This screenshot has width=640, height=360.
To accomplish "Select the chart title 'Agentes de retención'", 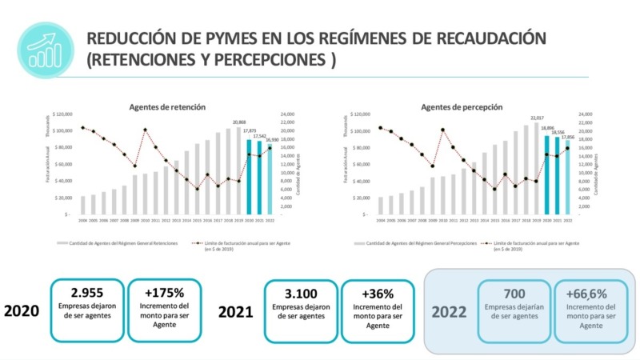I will point(167,107).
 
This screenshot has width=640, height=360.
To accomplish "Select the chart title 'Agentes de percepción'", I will point(462,107).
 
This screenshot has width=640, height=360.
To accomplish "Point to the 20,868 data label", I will point(239,122).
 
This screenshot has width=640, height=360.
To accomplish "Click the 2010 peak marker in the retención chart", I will point(145,130).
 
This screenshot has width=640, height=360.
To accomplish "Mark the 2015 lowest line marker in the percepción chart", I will point(494,189).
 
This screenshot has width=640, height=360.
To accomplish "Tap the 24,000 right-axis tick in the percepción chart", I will point(586,114).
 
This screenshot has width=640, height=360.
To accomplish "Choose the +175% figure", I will point(165,292).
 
